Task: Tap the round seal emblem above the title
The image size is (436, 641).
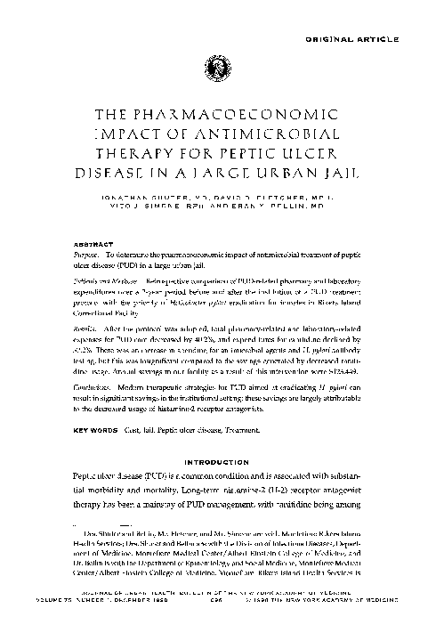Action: point(217,65)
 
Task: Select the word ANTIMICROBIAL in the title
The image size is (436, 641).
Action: point(264,134)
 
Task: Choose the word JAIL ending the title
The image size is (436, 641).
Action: point(316,175)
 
